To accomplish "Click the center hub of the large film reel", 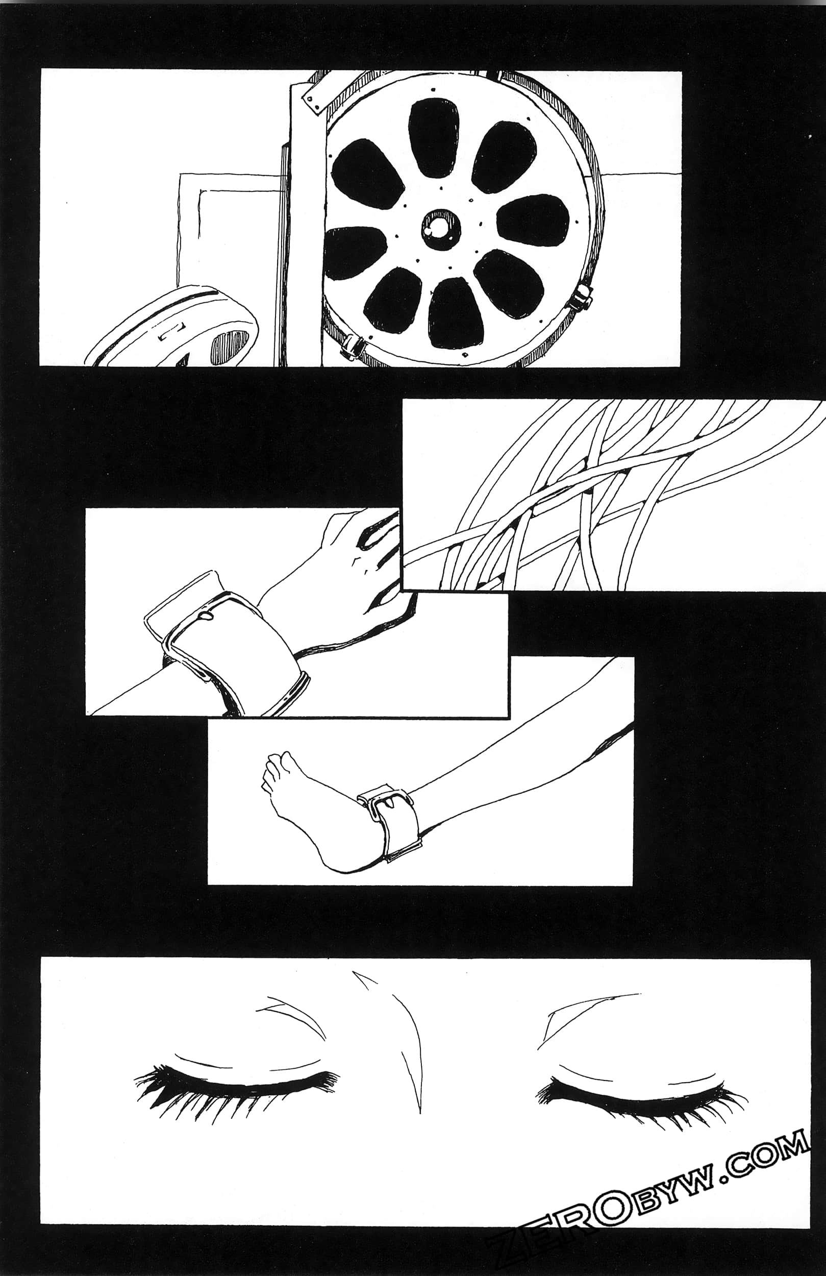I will pyautogui.click(x=441, y=229).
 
